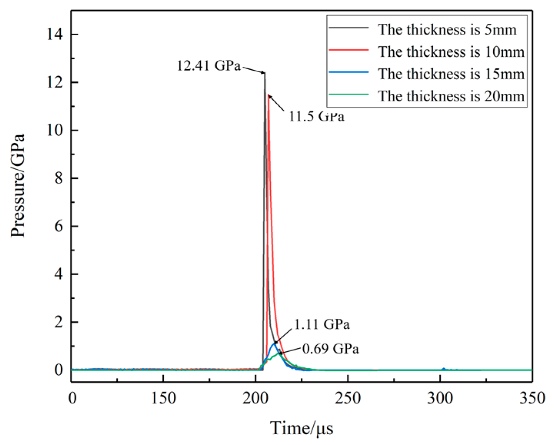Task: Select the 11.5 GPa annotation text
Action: point(316,116)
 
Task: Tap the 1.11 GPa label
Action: point(322,324)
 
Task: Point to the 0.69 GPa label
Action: point(330,349)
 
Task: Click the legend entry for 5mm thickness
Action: point(447,30)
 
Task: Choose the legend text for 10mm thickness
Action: point(451,52)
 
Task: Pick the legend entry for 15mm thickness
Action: point(451,74)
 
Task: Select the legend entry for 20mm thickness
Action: point(451,96)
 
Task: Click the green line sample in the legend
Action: point(349,94)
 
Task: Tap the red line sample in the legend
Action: point(349,50)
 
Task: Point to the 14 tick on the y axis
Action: point(55,34)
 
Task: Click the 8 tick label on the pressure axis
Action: point(58,178)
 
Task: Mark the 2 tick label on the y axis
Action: point(58,322)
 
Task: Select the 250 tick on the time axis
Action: point(348,398)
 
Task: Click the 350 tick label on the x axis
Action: point(532,398)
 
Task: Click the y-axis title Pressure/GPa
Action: point(18,185)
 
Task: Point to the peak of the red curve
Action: point(268,95)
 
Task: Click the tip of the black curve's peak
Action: point(265,73)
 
